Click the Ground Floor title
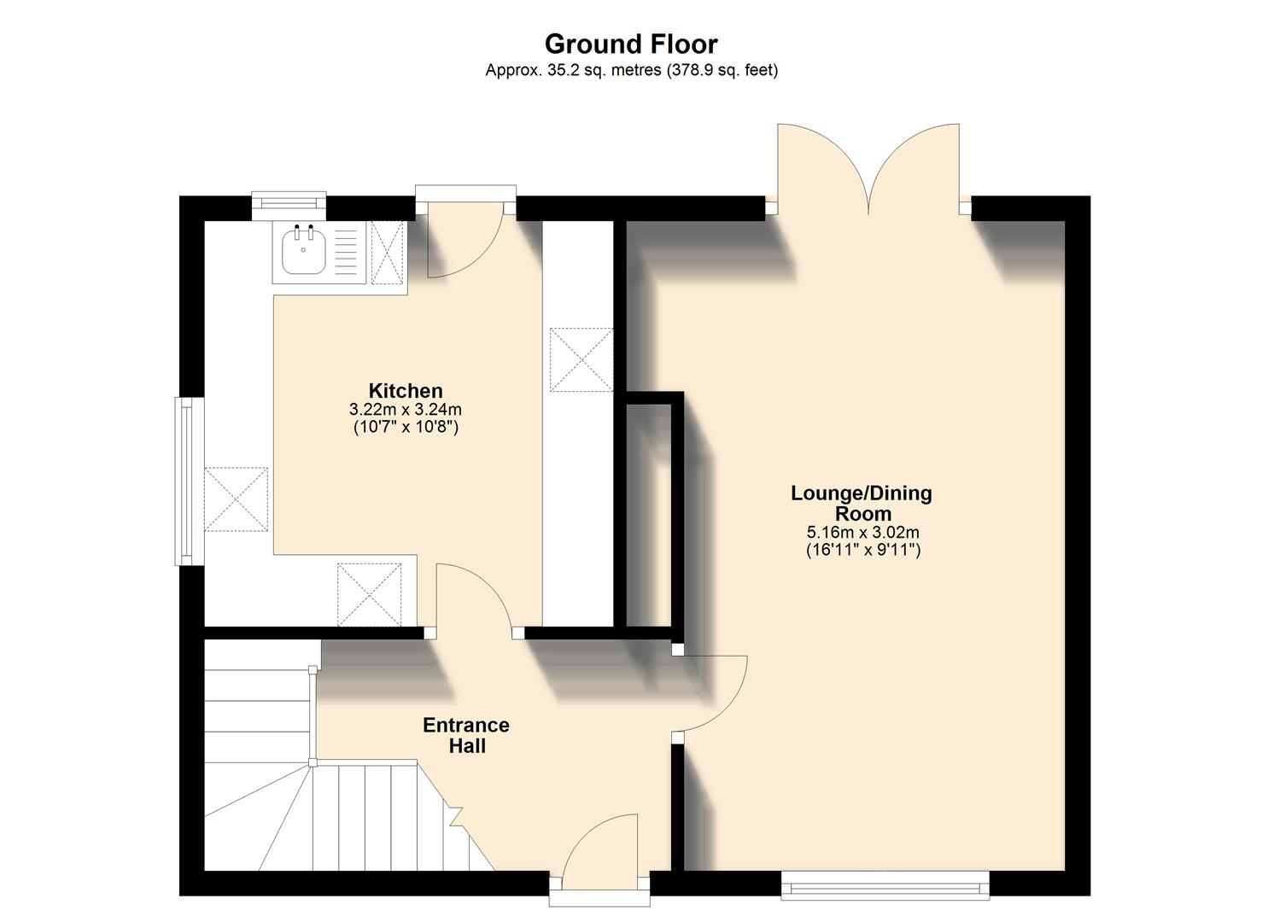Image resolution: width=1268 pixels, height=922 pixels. pos(631,44)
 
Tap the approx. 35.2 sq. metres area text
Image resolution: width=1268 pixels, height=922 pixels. pos(631,71)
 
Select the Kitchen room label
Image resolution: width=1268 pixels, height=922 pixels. pos(406,390)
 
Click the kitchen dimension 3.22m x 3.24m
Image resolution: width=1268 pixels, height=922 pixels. pos(406,410)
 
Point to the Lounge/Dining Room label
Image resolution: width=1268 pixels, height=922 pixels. pos(862,503)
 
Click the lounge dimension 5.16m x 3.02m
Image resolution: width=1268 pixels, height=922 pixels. pos(862,532)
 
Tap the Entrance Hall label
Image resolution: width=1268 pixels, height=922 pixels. pos(466,735)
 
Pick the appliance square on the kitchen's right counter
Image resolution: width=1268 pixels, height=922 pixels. pos(581,359)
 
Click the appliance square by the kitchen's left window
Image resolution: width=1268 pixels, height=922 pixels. pos(237,499)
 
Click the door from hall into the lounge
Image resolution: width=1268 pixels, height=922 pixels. pos(713,693)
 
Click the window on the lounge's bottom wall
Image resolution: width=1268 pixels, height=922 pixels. pos(885,886)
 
